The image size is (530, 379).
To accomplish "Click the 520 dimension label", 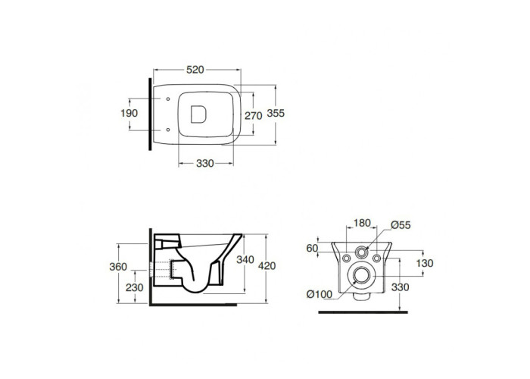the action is click(195, 70).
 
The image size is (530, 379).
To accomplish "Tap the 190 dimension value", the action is click(129, 113).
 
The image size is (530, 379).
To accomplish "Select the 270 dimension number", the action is click(254, 116).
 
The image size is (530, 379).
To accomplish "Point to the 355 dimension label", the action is click(276, 113).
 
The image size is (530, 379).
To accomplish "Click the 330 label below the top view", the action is click(205, 164).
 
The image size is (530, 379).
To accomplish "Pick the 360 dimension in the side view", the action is click(118, 267).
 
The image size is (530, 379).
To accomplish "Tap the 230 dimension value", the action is click(135, 287).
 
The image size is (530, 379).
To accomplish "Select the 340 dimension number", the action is click(245, 259).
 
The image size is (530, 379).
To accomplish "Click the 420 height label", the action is click(267, 266).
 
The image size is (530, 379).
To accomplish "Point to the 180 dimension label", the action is click(362, 223).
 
